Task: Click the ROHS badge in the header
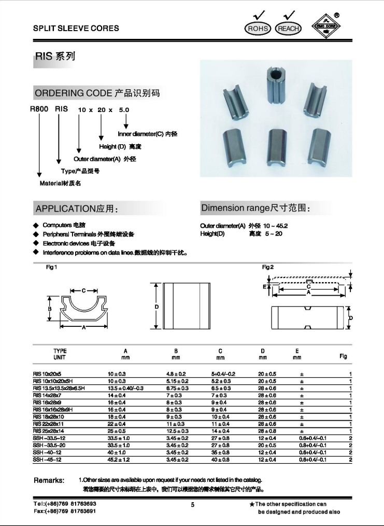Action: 258,28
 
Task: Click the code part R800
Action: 39,109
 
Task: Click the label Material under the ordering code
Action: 61,183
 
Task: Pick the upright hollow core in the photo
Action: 275,85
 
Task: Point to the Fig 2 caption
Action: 268,267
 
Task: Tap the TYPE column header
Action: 60,351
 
